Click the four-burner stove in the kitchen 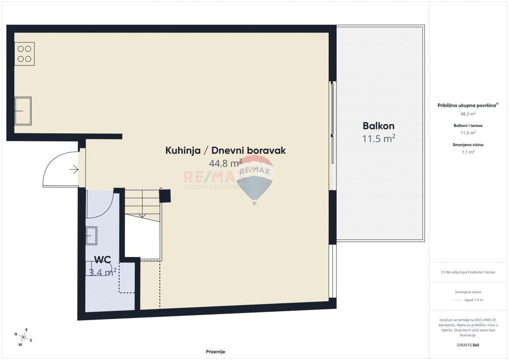coord(25,54)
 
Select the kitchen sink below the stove coord(23,111)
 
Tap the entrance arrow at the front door coord(74,170)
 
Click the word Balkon coord(378,126)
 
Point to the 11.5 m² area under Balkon coord(378,139)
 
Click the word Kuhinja coord(183,151)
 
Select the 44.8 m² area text coord(225,163)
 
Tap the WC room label coord(103,260)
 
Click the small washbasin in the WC coord(91,236)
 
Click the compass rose coord(23,337)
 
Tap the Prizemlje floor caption coord(215,352)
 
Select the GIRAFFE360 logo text coord(468,345)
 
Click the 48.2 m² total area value coord(468,114)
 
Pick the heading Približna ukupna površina coord(467,106)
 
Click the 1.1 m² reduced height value coord(468,152)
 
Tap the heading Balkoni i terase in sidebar coord(468,126)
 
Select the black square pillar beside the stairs coord(165,196)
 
